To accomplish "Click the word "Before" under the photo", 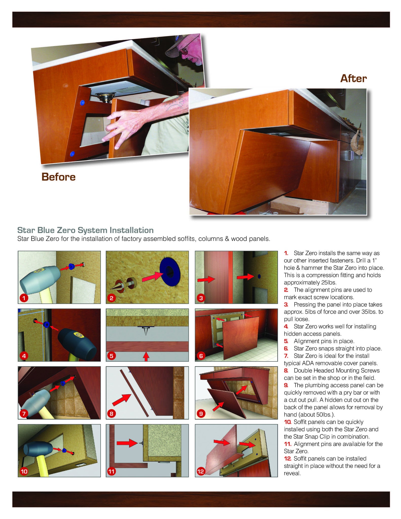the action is pos(59,177).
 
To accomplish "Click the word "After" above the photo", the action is pos(353,78).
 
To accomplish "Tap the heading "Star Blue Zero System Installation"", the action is pos(85,230).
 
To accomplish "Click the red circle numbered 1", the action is pos(24,298).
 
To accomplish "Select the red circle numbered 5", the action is pos(112,356).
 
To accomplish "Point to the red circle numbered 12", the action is pos(201,471).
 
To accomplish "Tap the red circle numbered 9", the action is pos(201,414).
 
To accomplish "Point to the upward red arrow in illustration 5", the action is pos(146,357).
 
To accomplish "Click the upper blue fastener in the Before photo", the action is pos(82,103).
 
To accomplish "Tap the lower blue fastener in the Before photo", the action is pos(73,154).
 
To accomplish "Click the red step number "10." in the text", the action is pos(287,422).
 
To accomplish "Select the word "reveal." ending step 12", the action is pos(292,473).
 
